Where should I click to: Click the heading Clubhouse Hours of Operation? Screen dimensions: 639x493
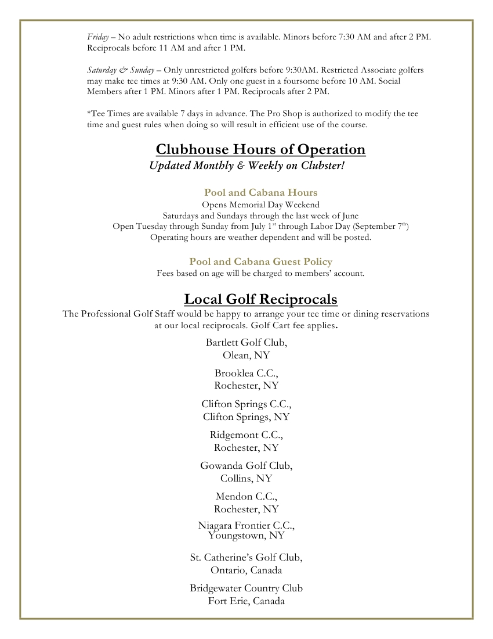click(x=260, y=150)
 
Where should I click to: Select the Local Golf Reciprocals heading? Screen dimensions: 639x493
click(x=260, y=299)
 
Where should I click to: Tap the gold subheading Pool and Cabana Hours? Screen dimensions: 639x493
click(x=260, y=192)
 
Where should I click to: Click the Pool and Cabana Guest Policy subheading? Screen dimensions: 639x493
click(x=260, y=261)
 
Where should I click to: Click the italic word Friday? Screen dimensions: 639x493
click(x=98, y=37)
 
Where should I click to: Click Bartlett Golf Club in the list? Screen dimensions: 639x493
click(x=246, y=342)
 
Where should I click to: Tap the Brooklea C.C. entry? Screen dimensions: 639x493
click(x=246, y=373)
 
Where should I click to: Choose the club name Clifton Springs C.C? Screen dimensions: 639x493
click(x=246, y=404)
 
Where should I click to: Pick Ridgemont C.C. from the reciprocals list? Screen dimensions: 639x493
click(x=246, y=435)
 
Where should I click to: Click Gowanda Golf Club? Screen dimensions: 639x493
click(x=246, y=465)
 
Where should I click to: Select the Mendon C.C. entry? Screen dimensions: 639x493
click(x=246, y=496)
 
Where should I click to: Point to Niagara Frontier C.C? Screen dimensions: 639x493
click(x=246, y=526)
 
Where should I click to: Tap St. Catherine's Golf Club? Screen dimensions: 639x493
click(x=246, y=558)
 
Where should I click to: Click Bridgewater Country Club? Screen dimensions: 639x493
click(x=246, y=588)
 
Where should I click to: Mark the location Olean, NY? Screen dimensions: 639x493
click(x=246, y=355)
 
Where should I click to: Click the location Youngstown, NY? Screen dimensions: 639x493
click(x=246, y=536)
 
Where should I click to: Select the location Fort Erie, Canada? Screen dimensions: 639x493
click(x=246, y=601)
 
